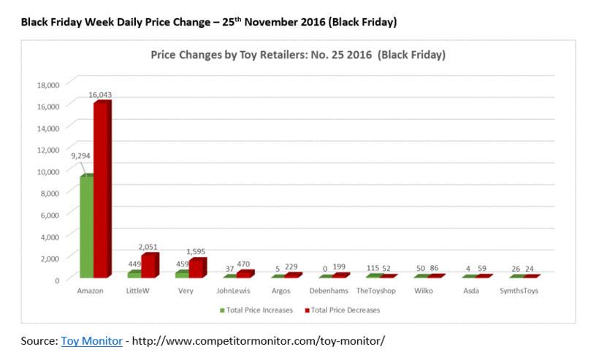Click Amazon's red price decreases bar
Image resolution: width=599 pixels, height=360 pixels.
coord(102,190)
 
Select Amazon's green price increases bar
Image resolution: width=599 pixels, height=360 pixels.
coord(85,226)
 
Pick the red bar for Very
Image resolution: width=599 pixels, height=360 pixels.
coord(197,268)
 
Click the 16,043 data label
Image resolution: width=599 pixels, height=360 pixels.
coord(100,94)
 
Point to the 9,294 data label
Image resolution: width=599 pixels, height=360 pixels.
coord(81,156)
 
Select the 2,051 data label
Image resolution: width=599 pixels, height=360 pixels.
coord(150,247)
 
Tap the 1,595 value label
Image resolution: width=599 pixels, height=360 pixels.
coord(198,251)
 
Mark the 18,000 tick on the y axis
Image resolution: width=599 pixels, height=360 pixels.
coord(47,84)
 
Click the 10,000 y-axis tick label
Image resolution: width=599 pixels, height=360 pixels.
coord(47,171)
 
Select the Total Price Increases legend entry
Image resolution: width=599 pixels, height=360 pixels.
coord(256,310)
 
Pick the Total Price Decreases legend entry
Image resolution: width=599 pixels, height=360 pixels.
coord(343,310)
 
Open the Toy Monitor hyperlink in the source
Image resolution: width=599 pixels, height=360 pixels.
coord(91,341)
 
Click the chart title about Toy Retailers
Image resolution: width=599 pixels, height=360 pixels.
coord(298,55)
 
